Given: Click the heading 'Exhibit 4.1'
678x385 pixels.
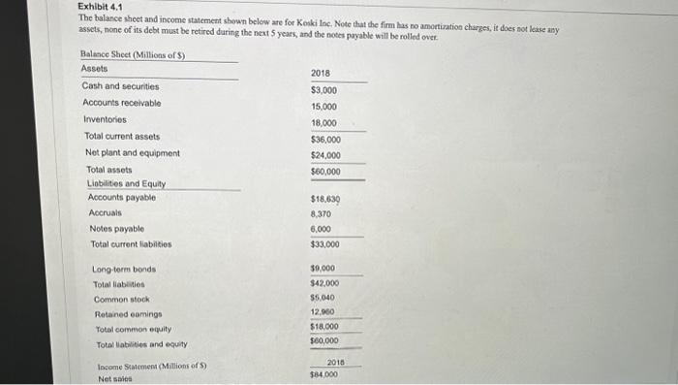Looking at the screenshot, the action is [x=99, y=7].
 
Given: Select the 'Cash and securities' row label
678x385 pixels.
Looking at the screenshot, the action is [x=121, y=86].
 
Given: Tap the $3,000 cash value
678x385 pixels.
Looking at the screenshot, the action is [x=324, y=89].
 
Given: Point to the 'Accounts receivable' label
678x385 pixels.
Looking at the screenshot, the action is [x=122, y=103].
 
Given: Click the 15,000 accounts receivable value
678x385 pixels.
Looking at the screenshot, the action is [x=324, y=106].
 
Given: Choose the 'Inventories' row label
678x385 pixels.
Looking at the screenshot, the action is [x=104, y=119].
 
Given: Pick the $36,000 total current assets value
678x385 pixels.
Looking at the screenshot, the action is [x=325, y=139].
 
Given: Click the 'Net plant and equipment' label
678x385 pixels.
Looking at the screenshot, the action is [x=132, y=152].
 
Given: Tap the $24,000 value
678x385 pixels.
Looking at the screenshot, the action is [x=325, y=155].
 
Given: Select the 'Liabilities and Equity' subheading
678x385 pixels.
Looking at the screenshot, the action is [x=126, y=184].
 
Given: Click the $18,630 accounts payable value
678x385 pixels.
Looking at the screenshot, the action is [x=325, y=199].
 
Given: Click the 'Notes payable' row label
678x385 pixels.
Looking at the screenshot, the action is [x=115, y=228].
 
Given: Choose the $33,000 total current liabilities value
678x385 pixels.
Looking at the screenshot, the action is [x=325, y=245].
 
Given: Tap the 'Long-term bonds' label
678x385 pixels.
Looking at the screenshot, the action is [x=124, y=269].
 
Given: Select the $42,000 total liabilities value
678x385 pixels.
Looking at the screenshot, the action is [x=324, y=283].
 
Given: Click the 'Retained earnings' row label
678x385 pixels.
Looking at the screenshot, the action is [x=128, y=313].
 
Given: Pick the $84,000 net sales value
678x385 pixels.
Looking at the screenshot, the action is [x=324, y=373].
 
